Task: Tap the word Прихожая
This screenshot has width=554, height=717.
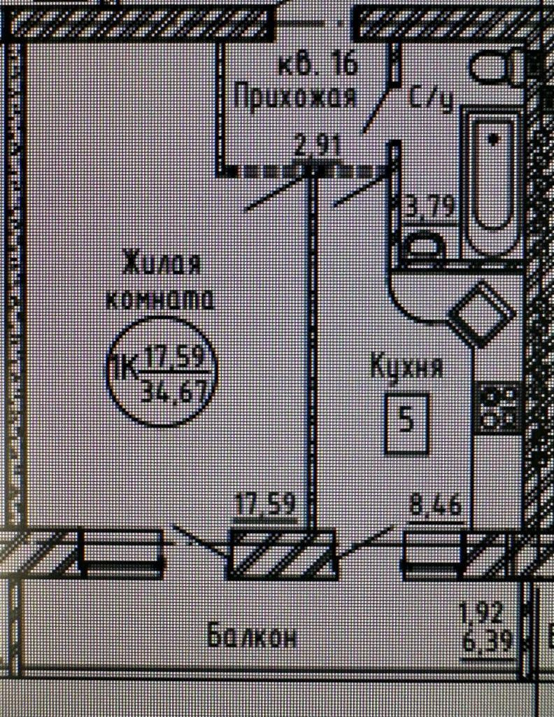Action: (294, 96)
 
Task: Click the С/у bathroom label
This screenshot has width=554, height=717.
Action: (431, 99)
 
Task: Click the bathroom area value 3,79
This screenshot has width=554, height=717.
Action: (432, 207)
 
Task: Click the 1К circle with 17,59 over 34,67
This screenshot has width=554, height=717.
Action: (162, 372)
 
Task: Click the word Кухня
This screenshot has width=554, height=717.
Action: (406, 367)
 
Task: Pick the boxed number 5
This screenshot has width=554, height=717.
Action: (406, 423)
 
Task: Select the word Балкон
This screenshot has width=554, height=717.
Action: (253, 637)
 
